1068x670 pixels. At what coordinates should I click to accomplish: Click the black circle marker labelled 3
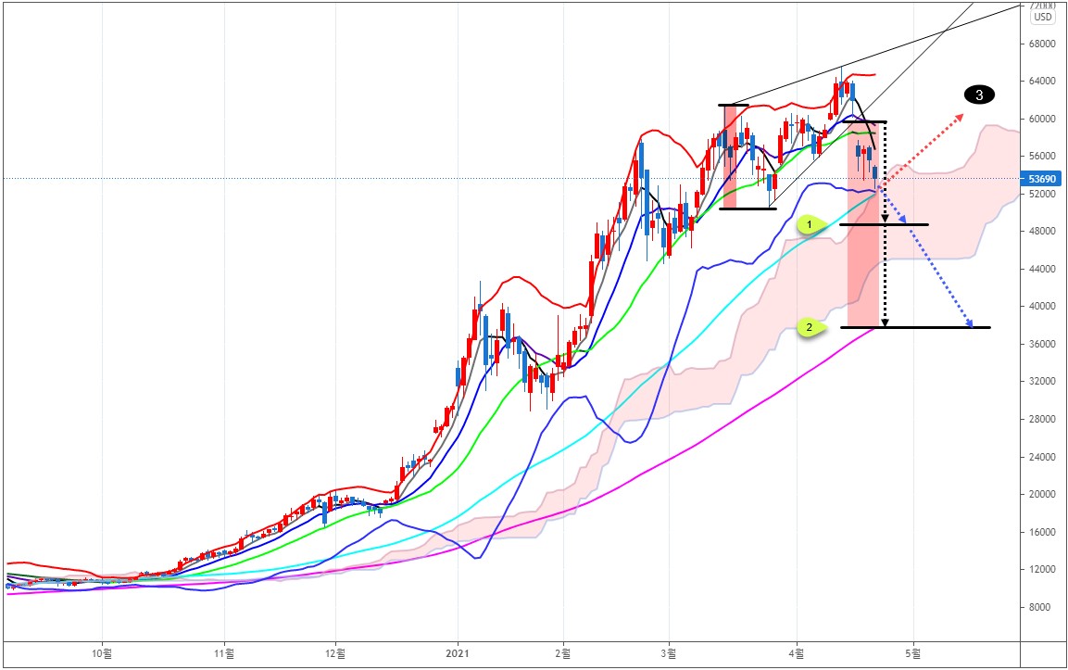point(979,94)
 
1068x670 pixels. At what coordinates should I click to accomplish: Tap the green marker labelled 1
point(810,224)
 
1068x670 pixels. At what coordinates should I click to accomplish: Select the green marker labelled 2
point(810,327)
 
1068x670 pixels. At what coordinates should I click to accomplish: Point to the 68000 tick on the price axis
point(1043,44)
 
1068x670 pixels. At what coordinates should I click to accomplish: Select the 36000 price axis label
point(1043,344)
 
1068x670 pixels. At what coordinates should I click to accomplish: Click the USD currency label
point(1043,17)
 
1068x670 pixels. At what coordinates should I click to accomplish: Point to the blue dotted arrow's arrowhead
point(969,325)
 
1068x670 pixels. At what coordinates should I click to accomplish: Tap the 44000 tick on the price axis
point(1043,269)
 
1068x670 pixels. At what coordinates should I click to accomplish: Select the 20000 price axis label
point(1043,494)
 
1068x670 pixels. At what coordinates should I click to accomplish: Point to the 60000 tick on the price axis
point(1043,119)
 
